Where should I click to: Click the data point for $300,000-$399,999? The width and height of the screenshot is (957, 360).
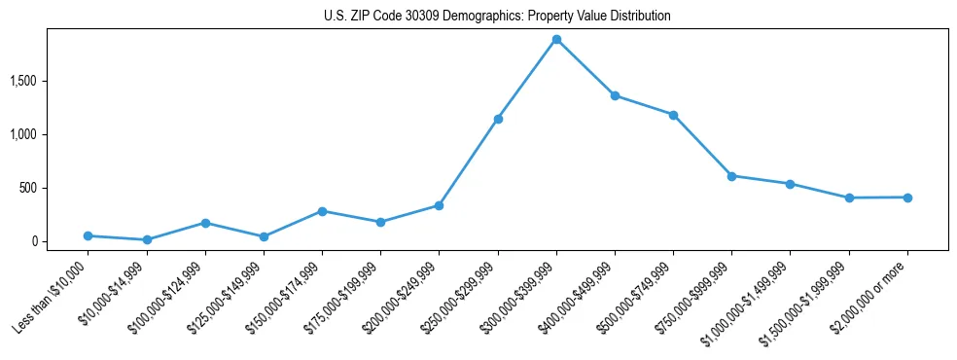pos(556,40)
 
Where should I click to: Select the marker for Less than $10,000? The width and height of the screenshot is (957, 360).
pos(88,235)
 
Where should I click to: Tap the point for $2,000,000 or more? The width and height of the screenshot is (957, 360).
pos(907,198)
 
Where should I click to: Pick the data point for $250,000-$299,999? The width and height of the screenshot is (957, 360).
pos(498,119)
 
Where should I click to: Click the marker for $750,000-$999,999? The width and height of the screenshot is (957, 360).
pos(731,176)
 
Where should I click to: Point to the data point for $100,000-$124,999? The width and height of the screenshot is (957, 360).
pos(205,223)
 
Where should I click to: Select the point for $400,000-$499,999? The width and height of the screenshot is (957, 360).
pos(615,95)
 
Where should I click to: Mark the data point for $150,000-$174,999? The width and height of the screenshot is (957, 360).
pos(322,211)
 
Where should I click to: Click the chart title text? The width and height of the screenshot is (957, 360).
pos(497,17)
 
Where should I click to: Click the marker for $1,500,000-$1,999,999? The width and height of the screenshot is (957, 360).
pos(849,198)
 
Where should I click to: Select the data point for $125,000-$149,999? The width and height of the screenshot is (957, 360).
pos(264,236)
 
